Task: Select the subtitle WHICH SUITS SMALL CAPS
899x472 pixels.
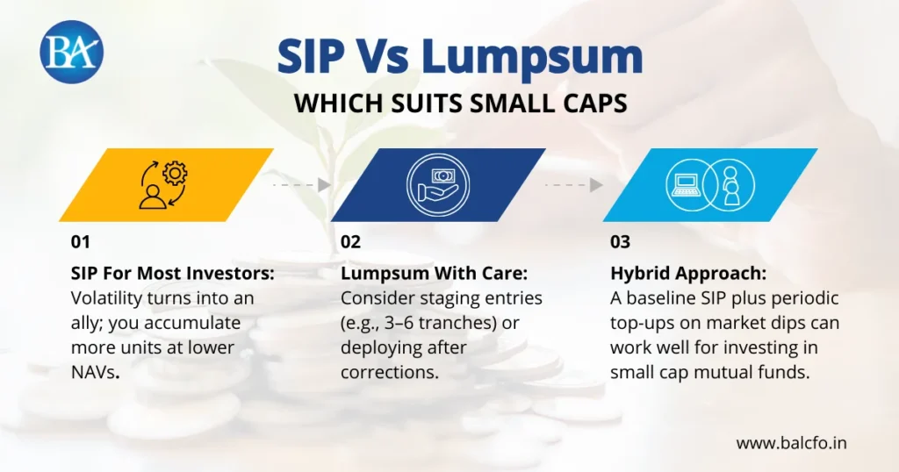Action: coord(460,104)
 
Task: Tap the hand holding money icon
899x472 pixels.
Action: coord(438,184)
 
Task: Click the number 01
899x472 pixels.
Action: coord(81,242)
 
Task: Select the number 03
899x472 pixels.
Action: coord(620,242)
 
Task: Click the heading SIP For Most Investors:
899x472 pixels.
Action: coord(173,274)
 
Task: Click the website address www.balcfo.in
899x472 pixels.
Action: coord(791,443)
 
